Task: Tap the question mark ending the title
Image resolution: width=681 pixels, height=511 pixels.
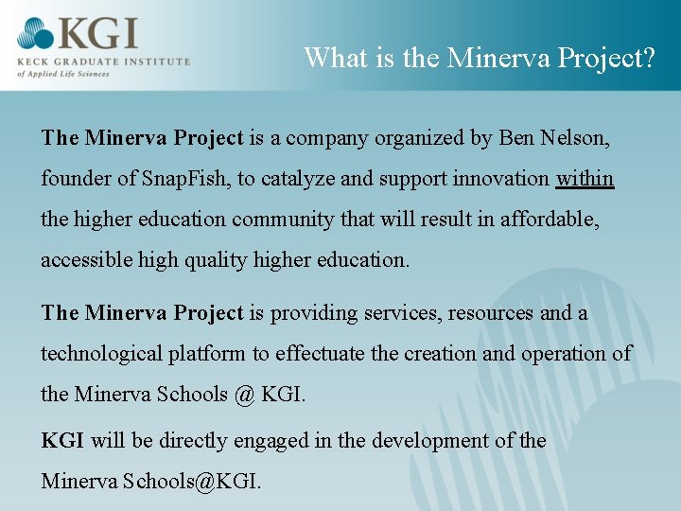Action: tap(649, 58)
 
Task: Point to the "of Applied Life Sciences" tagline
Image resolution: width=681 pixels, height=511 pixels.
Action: tap(63, 73)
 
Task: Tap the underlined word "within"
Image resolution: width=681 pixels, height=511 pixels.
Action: tap(585, 178)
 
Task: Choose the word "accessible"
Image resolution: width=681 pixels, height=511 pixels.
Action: tap(86, 259)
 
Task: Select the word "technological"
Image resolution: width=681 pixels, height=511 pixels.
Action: tap(101, 353)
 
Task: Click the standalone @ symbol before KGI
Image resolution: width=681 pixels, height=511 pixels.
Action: tap(244, 394)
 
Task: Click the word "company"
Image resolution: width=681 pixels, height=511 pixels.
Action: tap(330, 138)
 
